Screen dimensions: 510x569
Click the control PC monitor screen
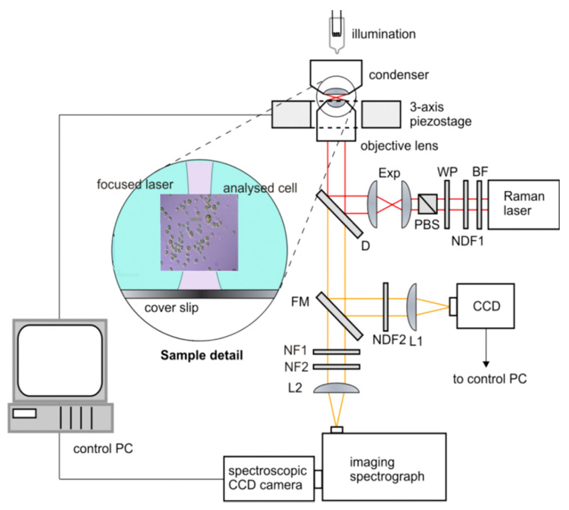(56, 363)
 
